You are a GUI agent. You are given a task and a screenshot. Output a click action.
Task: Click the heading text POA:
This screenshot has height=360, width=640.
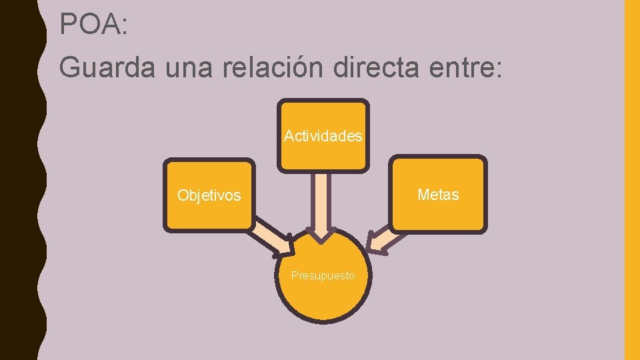[93, 25]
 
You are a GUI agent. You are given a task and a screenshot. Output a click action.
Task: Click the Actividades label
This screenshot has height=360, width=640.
[323, 136]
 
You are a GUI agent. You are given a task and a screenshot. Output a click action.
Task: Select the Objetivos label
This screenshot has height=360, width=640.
[209, 195]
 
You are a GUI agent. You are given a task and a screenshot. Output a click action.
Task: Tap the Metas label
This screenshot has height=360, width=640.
[438, 195]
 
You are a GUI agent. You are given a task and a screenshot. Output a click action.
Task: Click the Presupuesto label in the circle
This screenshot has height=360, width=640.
[323, 275]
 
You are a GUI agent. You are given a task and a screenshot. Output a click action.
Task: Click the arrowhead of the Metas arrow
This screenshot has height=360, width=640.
[377, 244]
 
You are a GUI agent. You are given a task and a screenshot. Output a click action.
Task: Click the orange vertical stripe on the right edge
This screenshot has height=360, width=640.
[631, 180]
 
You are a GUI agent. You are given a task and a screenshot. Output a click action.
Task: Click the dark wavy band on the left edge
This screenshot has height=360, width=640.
[20, 180]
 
